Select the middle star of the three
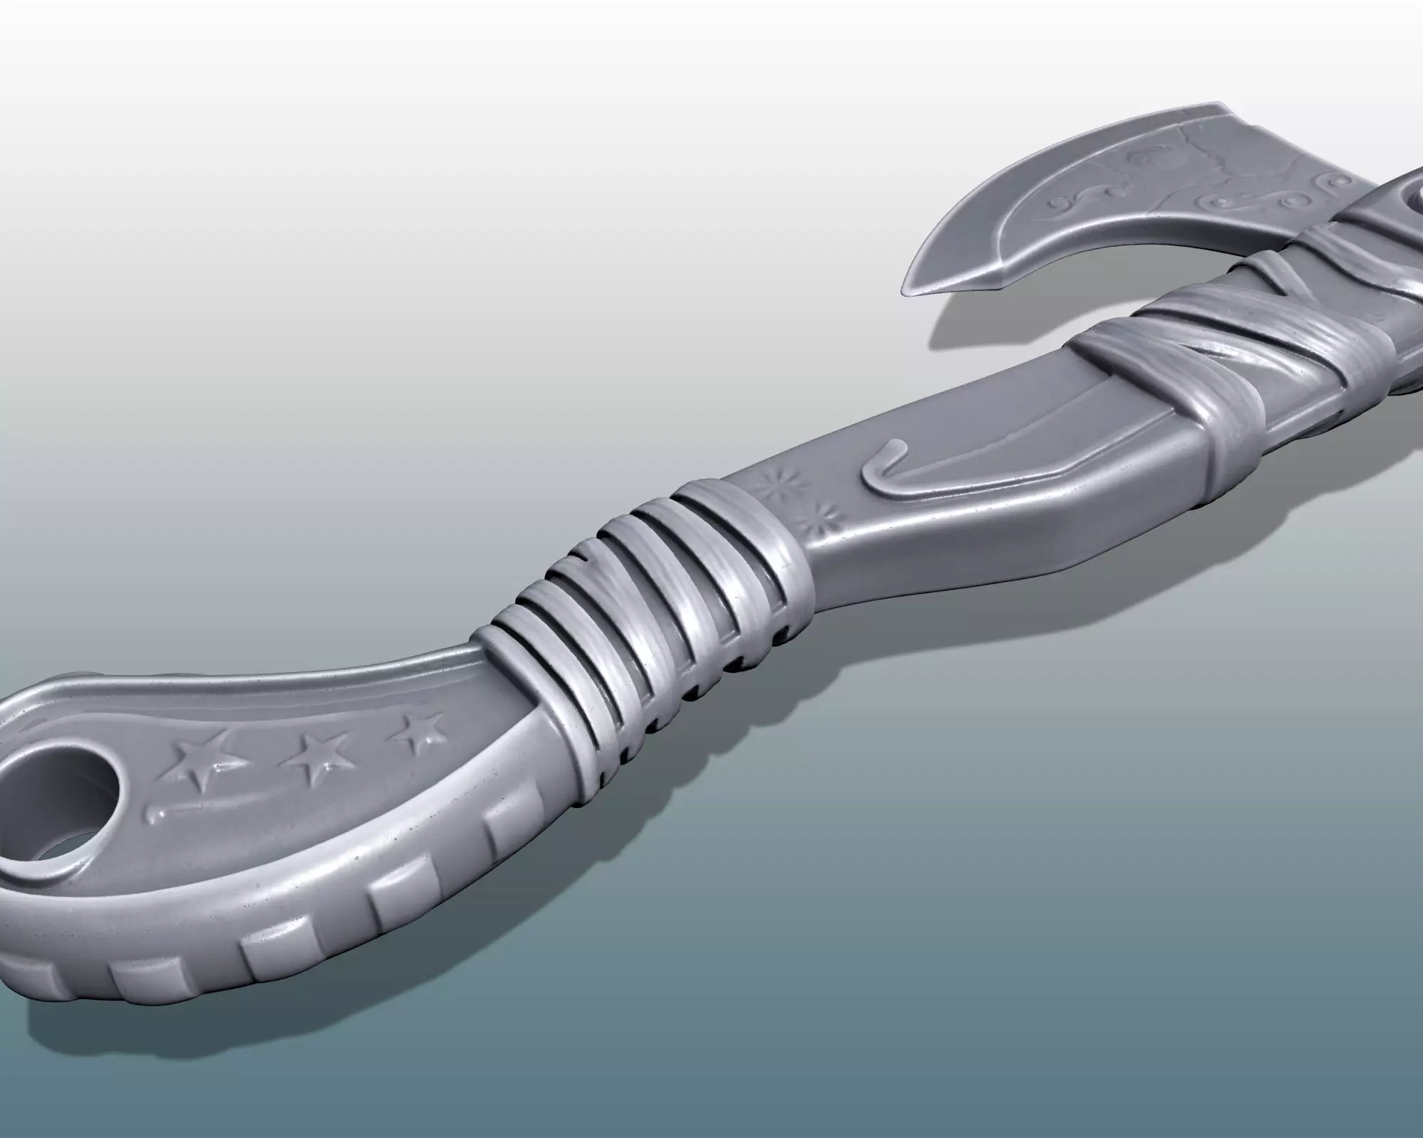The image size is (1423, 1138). (311, 756)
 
